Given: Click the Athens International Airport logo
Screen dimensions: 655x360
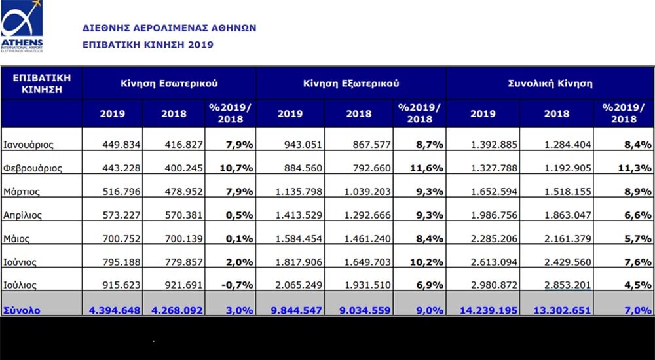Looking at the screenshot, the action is pyautogui.click(x=22, y=26).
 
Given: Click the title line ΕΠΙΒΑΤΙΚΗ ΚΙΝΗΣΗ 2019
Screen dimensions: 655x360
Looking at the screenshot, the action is pyautogui.click(x=148, y=45).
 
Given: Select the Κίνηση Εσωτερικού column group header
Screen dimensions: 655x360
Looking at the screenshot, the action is pyautogui.click(x=169, y=83).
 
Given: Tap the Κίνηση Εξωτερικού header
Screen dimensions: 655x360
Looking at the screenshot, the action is pyautogui.click(x=351, y=83).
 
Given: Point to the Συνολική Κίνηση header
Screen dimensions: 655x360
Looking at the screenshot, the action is pyautogui.click(x=550, y=83).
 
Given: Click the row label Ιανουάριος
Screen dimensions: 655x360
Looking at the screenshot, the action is pyautogui.click(x=28, y=145).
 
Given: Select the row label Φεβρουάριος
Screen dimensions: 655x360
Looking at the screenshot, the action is pyautogui.click(x=33, y=169).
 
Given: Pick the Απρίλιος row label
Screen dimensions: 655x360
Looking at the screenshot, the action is pyautogui.click(x=22, y=215).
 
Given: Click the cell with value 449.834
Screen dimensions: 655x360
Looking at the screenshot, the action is pyautogui.click(x=122, y=145).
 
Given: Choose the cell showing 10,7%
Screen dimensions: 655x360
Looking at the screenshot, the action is pyautogui.click(x=236, y=168).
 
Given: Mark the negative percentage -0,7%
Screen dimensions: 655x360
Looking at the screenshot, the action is pyautogui.click(x=237, y=285).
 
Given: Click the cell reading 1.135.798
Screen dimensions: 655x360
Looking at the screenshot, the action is pyautogui.click(x=299, y=192).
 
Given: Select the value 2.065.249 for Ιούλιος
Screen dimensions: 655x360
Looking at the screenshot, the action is pyautogui.click(x=299, y=285).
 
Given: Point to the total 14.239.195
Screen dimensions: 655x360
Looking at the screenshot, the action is pyautogui.click(x=489, y=310).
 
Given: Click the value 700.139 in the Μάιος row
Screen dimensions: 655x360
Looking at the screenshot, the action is pyautogui.click(x=184, y=238).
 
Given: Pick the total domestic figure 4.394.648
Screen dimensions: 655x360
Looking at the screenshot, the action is pyautogui.click(x=115, y=310).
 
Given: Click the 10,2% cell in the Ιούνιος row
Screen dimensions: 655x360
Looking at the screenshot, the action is pyautogui.click(x=426, y=262).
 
